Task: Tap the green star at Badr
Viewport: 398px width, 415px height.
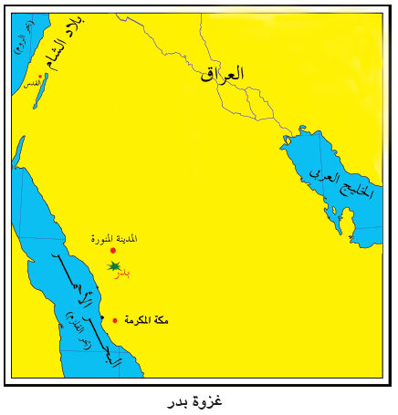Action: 113,265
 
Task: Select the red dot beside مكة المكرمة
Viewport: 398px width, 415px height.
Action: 115,320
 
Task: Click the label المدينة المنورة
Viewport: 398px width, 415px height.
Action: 114,238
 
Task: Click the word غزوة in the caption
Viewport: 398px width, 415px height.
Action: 210,400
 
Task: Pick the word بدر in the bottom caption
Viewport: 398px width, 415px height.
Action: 179,401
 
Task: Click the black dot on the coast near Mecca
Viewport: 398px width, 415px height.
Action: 102,316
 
